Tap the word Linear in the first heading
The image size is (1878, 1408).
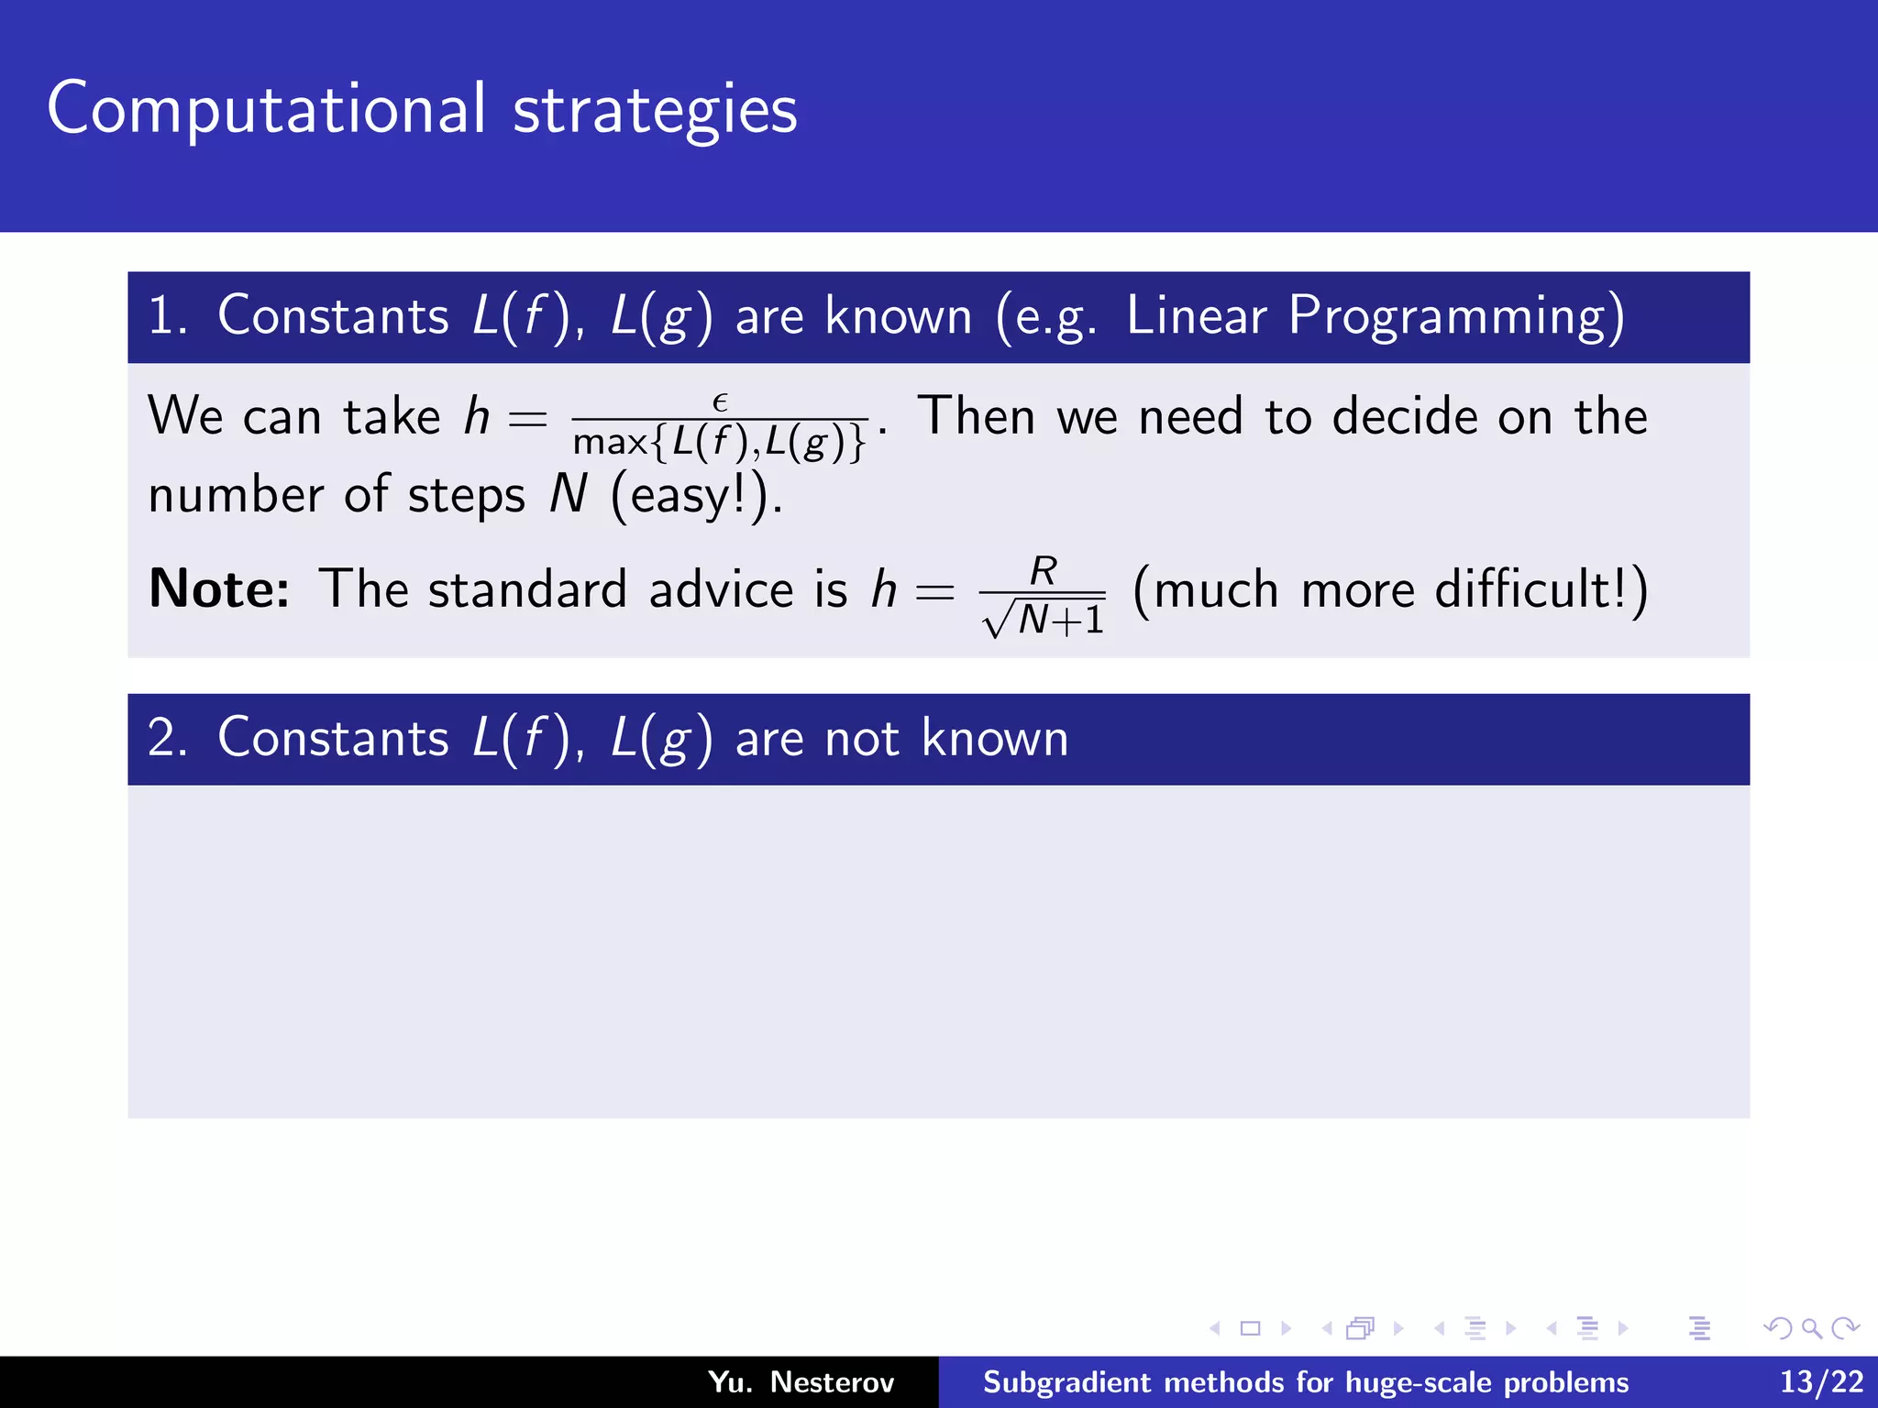pos(1197,315)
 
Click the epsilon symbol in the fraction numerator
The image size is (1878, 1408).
pos(720,402)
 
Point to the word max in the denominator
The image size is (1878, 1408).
pos(610,443)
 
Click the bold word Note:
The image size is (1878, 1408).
pos(219,588)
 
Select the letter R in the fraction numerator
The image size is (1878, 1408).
pos(1044,571)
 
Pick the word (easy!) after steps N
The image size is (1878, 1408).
pos(696,496)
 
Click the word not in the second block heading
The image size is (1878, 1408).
pos(861,739)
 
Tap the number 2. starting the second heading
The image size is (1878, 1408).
pos(167,739)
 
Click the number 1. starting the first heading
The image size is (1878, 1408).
pos(167,317)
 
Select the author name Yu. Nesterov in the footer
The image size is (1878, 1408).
pos(801,1381)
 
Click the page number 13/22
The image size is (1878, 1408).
pos(1821,1381)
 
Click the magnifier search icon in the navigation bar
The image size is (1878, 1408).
pos(1811,1328)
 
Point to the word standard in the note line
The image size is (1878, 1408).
pos(527,588)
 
